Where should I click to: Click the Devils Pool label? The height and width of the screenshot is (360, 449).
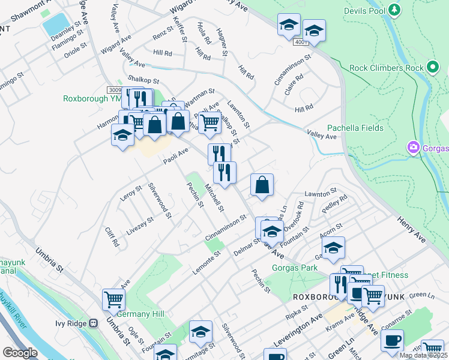[x=364, y=11]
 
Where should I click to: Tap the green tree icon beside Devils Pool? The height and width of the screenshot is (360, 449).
[x=394, y=10]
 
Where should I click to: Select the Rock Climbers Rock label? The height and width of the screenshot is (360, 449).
[x=386, y=68]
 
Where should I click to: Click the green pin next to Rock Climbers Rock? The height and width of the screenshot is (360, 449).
[x=433, y=67]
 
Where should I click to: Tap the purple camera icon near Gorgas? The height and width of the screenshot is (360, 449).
[x=412, y=147]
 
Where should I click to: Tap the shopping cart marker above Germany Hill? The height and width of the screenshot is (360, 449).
[x=113, y=299]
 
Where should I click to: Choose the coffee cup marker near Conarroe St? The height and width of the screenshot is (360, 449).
[x=392, y=340]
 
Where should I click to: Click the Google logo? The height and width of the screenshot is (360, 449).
[x=20, y=353]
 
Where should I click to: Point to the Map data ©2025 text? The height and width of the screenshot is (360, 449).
[x=423, y=355]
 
